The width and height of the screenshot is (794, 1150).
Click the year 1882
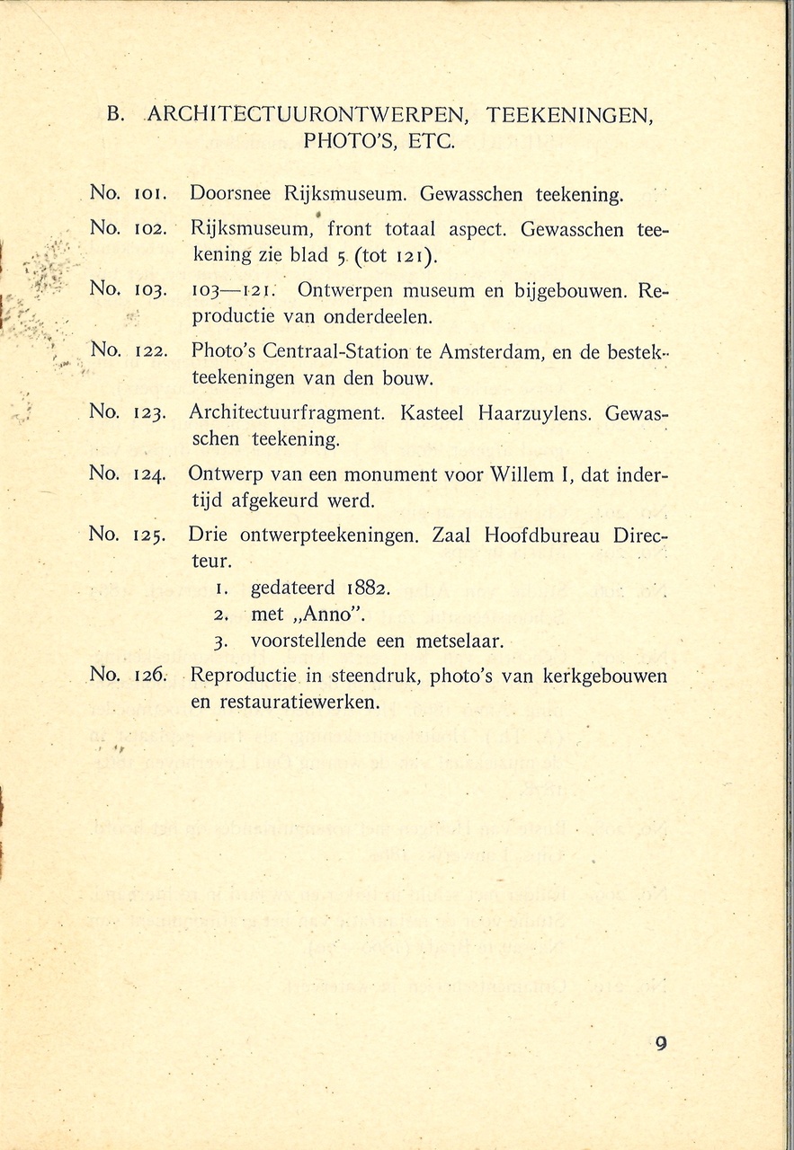click(367, 589)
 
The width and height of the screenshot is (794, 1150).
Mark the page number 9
click(661, 1043)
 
